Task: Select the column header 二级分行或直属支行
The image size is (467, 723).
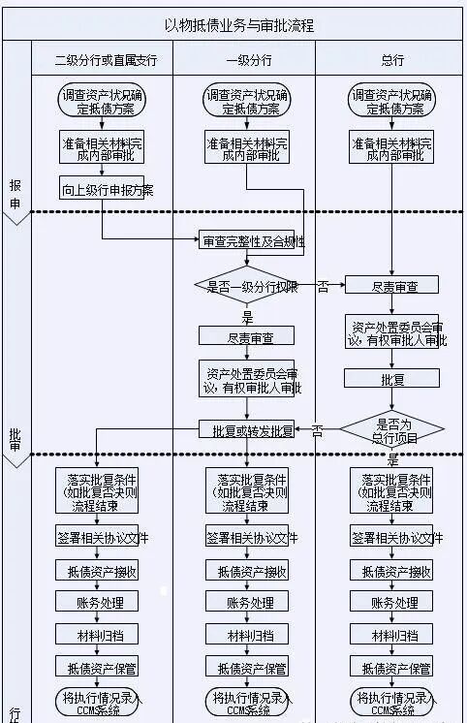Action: (107, 60)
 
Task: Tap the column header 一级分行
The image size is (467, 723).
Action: (249, 60)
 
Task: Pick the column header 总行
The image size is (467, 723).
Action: (391, 60)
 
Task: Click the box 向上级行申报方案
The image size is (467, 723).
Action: (107, 189)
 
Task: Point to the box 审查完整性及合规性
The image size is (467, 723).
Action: (252, 240)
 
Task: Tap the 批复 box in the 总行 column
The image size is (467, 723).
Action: (391, 377)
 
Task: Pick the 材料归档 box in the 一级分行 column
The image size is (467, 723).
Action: (248, 636)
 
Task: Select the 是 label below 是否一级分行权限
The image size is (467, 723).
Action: (247, 316)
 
